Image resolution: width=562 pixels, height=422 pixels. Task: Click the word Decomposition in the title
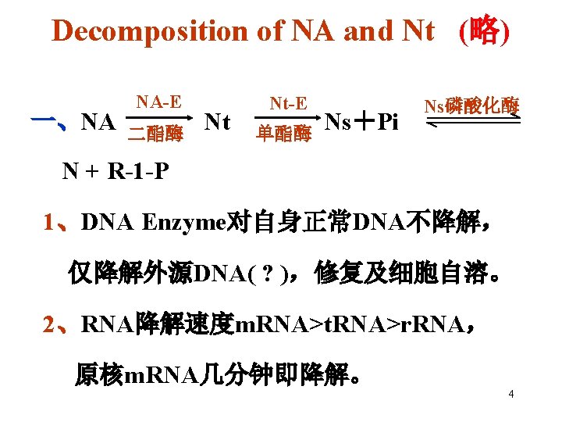click(x=150, y=30)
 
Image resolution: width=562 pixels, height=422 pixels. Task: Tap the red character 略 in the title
click(x=484, y=30)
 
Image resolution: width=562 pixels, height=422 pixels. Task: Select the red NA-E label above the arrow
click(x=158, y=102)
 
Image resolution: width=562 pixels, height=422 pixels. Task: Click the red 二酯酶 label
click(x=156, y=134)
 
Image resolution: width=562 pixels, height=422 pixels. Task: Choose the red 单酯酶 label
click(x=285, y=134)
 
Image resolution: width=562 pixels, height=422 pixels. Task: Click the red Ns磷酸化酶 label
click(x=471, y=106)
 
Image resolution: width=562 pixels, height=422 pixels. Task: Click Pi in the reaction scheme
click(x=387, y=122)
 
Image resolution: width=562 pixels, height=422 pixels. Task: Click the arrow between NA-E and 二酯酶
click(x=159, y=119)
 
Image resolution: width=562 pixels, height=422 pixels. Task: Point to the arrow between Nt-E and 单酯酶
click(x=286, y=119)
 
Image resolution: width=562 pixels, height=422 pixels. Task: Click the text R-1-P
click(x=132, y=170)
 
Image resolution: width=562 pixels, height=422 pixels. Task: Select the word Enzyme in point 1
click(x=183, y=223)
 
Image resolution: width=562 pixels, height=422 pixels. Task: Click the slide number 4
click(x=510, y=394)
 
